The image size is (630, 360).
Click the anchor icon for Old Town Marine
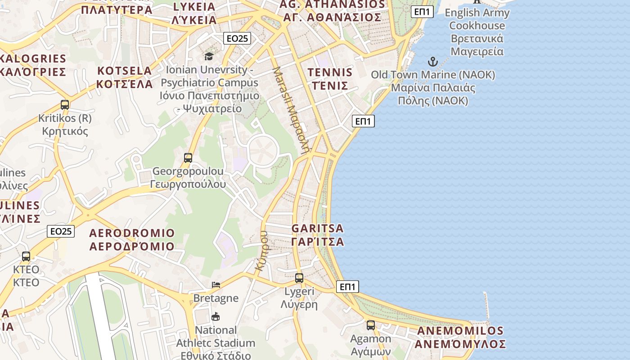(x=432, y=62)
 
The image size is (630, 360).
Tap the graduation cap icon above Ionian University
(x=209, y=56)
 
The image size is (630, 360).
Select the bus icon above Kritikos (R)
(x=65, y=105)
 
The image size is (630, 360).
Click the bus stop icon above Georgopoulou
(x=188, y=158)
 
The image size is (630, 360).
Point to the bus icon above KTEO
(x=26, y=256)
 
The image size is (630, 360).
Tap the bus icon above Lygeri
(x=299, y=278)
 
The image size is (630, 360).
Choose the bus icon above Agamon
(x=371, y=325)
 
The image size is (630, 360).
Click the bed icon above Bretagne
(x=216, y=285)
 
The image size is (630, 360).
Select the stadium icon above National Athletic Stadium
(x=216, y=317)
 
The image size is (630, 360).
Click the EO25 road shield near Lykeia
(x=237, y=39)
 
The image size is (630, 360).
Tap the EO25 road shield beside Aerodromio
(x=61, y=231)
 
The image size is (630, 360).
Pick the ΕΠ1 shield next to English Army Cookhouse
(x=422, y=12)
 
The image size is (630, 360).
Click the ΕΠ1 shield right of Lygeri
(x=347, y=287)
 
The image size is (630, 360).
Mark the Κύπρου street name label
(x=261, y=250)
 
